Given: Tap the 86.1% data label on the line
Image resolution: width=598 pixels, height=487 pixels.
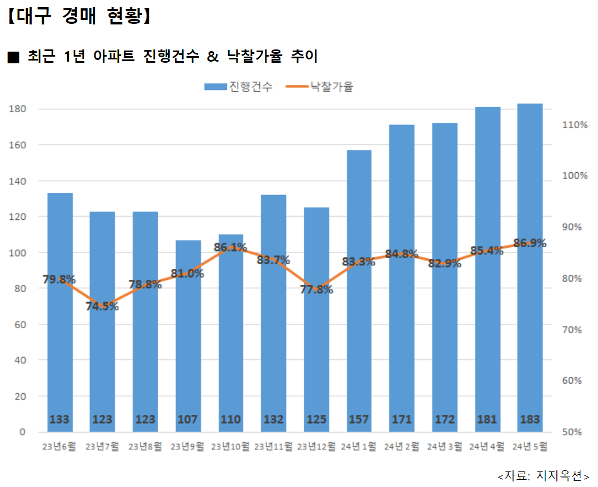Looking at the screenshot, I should (230, 247).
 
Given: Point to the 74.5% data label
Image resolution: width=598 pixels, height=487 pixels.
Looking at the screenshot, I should (102, 306).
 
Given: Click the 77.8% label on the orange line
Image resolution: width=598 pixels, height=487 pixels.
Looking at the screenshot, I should (316, 289).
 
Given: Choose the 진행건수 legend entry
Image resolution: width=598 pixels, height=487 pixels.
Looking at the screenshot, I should (238, 87).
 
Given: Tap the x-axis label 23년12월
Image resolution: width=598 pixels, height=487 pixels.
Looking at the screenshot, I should (316, 446).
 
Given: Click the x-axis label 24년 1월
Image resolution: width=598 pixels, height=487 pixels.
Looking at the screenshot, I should (359, 446).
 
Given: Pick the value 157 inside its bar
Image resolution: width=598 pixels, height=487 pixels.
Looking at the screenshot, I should (359, 419).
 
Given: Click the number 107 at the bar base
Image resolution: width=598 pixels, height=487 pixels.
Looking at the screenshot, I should (188, 419).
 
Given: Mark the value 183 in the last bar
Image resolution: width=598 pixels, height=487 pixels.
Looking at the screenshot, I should (530, 419).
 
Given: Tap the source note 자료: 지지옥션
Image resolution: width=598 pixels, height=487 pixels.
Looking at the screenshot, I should (543, 476).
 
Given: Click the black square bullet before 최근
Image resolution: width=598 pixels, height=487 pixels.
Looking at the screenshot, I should (13, 57).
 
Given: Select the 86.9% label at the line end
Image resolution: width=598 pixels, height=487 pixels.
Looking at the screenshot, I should (530, 243).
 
